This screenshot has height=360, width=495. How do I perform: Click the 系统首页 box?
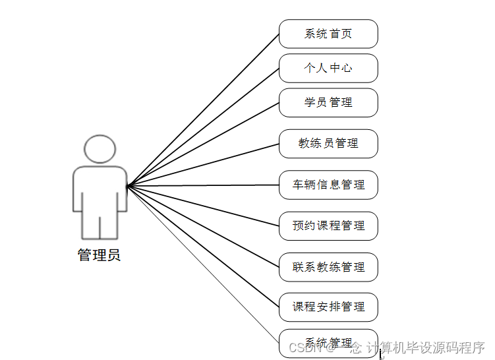328,34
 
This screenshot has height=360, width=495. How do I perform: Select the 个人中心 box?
328,68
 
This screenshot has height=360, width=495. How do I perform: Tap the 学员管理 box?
328,102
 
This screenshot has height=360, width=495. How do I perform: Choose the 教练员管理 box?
328,144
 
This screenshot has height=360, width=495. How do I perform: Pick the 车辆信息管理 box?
328,185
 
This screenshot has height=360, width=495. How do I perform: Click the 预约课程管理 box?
328,225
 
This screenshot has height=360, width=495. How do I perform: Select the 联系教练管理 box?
328,267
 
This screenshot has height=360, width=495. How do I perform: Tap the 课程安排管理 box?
328,307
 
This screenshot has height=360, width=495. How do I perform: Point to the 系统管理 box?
328,343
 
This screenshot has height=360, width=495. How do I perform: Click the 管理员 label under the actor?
99,255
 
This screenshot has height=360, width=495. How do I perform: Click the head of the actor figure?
100,150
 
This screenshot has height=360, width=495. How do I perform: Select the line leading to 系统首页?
203,109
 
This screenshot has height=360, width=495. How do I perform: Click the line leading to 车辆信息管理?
203,185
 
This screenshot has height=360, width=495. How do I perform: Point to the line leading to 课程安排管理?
203,246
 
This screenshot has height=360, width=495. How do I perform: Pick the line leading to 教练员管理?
203,165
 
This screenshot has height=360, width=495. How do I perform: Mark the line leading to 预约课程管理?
203,206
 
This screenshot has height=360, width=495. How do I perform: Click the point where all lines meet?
127,186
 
